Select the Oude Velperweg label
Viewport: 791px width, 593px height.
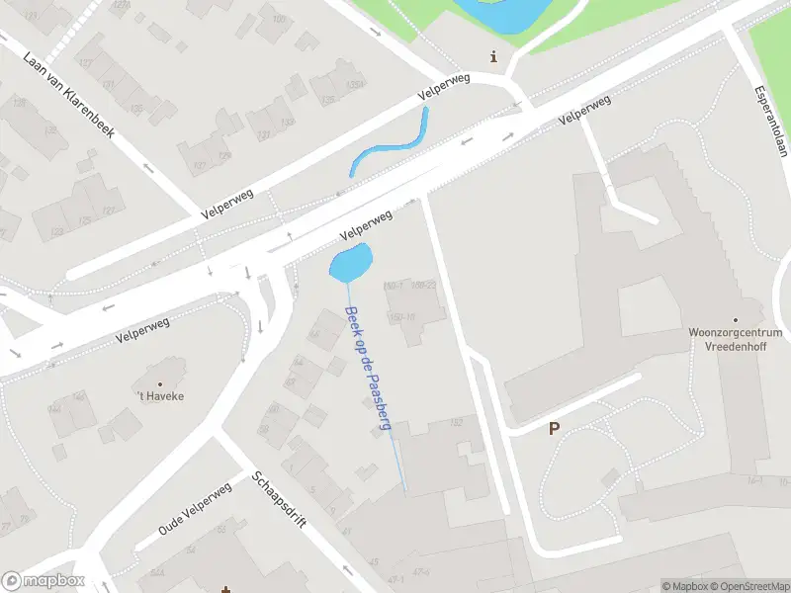pos(197,510)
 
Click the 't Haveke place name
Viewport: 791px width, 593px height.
pos(160,396)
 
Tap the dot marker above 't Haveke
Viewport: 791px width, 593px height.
pos(160,382)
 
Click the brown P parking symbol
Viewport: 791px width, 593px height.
pos(554,429)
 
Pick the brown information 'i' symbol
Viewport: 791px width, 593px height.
pos(494,57)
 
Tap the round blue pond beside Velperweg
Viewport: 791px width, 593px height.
pos(350,263)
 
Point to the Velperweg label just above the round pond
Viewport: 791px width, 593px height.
pos(366,225)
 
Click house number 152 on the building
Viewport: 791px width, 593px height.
pos(456,424)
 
